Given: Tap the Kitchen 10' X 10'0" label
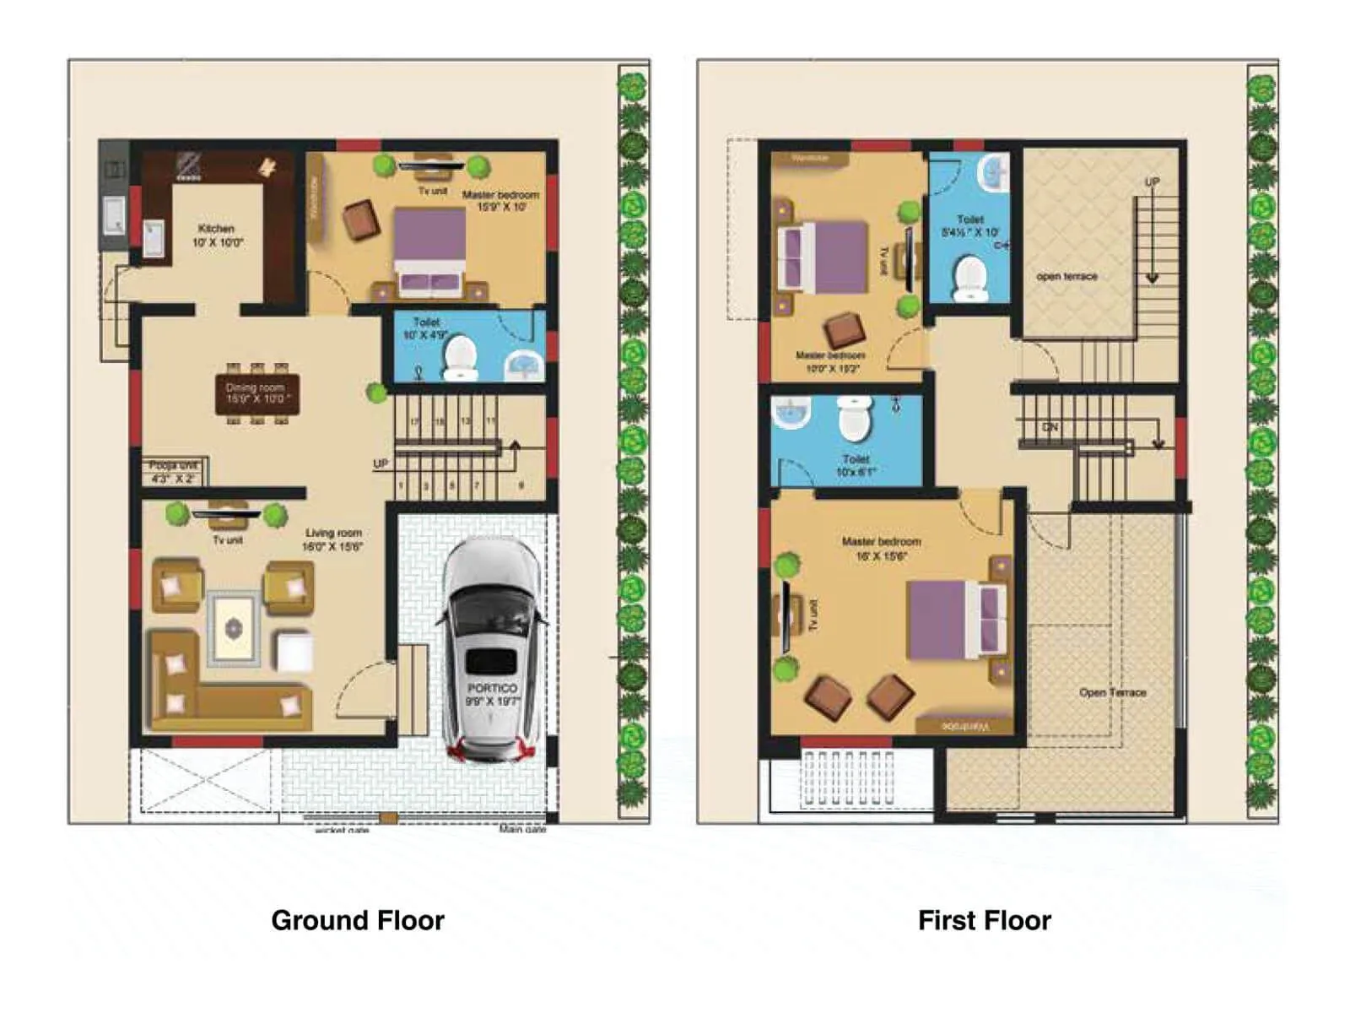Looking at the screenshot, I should [217, 236].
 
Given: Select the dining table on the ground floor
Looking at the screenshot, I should [257, 393].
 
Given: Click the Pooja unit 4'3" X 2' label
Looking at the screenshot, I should [173, 472].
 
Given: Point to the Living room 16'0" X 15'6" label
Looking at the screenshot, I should [334, 539].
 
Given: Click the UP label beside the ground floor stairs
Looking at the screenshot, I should [381, 463].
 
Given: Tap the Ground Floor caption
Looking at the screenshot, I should [358, 920].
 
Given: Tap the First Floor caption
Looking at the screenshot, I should [984, 920].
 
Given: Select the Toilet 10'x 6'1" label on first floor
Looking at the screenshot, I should [856, 465].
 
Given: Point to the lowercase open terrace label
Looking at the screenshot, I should [1066, 276].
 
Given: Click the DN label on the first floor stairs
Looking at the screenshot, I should [1050, 427].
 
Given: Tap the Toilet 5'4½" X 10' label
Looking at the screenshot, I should [970, 225].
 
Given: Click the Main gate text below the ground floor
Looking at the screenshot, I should [522, 829].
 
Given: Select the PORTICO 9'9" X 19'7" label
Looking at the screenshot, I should [493, 694].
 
